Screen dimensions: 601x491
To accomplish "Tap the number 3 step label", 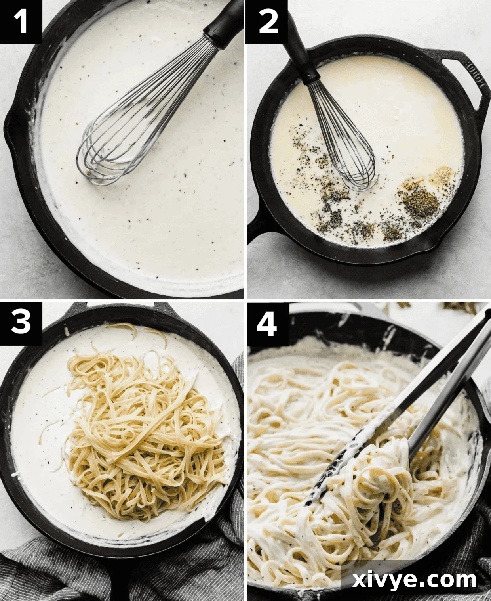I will (x=21, y=322).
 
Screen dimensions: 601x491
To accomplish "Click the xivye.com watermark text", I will (x=415, y=580).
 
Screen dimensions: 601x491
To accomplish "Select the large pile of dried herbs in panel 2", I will (x=420, y=198).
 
